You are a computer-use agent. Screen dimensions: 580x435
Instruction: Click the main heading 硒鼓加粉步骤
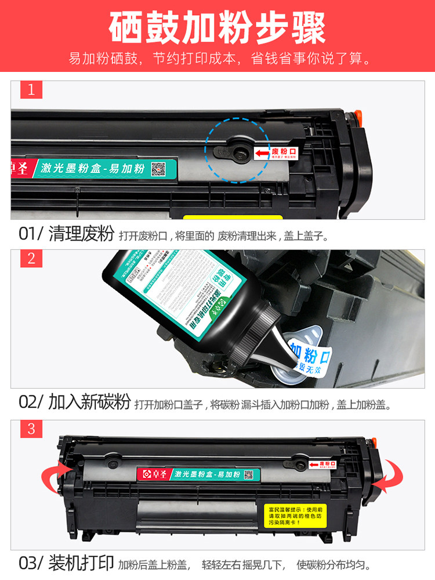(x=217, y=27)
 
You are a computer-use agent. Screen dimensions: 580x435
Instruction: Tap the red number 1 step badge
(x=31, y=90)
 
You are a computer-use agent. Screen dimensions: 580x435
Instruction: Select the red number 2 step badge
(x=31, y=259)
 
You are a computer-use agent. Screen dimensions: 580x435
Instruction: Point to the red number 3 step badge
(x=31, y=429)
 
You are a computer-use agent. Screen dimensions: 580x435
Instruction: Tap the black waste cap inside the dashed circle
(x=238, y=151)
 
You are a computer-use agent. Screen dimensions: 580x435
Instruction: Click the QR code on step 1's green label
(x=159, y=169)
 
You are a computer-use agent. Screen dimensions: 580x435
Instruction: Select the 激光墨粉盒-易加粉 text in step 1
(x=93, y=169)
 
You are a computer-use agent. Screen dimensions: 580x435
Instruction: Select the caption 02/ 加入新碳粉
(x=74, y=403)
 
